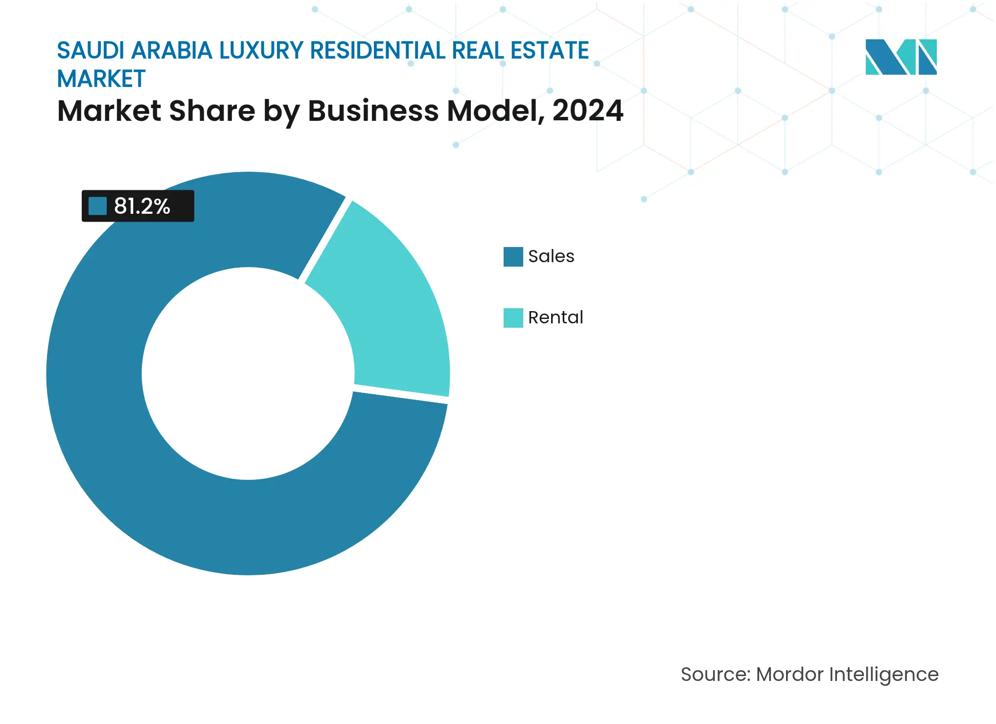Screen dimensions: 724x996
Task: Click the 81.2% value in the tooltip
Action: [142, 206]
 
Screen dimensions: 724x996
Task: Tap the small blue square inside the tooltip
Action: [97, 206]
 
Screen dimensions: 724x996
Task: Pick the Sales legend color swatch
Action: [513, 256]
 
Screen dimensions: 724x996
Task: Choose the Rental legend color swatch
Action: [513, 318]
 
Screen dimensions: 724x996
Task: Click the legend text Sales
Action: [551, 256]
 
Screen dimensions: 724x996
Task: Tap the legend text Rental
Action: [556, 318]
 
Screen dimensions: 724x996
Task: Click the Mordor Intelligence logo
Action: [901, 57]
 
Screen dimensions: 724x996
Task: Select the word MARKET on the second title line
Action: [101, 79]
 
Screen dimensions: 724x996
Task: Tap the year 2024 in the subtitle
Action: [588, 111]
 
